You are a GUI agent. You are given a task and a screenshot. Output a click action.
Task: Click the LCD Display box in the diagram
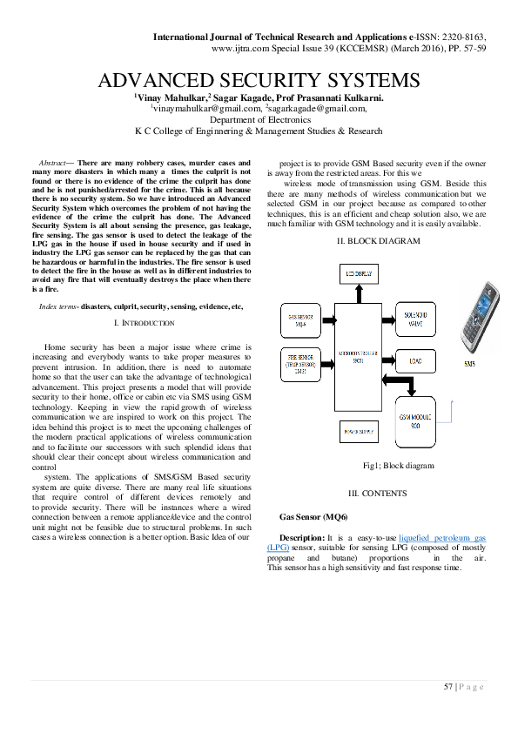click(358, 274)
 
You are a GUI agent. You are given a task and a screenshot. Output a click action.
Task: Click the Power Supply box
click(358, 431)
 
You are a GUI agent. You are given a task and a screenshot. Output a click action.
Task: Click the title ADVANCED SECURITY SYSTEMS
click(259, 81)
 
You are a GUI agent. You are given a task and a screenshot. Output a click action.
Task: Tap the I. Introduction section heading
click(145, 322)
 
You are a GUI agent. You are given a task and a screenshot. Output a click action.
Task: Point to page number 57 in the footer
click(448, 688)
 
